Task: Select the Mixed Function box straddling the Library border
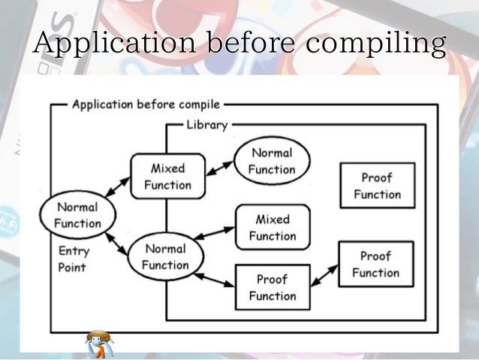pyautogui.click(x=167, y=176)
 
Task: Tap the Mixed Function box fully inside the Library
pyautogui.click(x=272, y=227)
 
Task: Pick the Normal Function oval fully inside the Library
pyautogui.click(x=272, y=161)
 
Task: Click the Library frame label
pyautogui.click(x=206, y=125)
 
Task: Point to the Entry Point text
pyautogui.click(x=73, y=259)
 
